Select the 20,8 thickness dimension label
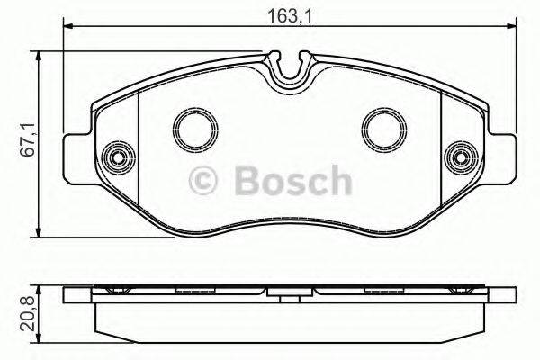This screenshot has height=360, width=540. (x=26, y=311)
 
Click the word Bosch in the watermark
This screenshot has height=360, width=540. (x=287, y=181)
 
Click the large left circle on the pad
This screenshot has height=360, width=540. (x=192, y=127)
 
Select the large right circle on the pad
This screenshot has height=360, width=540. (x=381, y=127)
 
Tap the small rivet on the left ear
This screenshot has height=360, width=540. (x=115, y=157)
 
